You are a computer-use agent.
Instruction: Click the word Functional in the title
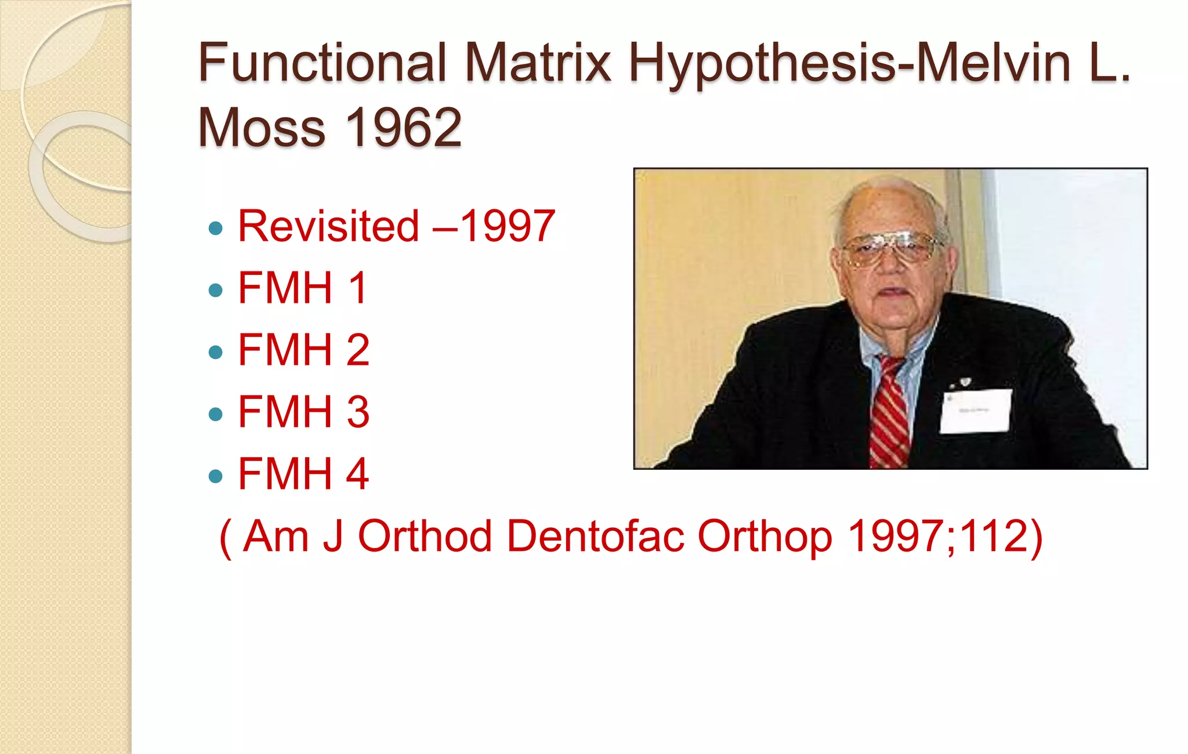click(322, 63)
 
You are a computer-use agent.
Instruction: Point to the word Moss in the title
click(262, 128)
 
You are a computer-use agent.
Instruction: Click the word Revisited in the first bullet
click(328, 226)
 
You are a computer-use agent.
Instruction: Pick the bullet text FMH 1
click(302, 288)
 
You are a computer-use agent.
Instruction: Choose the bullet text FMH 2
click(303, 350)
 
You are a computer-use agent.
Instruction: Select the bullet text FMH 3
click(303, 412)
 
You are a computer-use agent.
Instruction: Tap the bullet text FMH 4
click(303, 474)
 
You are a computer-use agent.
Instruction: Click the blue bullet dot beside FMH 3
click(215, 414)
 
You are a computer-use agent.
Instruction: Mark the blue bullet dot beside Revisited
click(215, 228)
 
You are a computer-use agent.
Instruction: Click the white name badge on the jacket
click(975, 411)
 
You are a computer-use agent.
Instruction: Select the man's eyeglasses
click(890, 248)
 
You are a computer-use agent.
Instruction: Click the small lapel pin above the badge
click(965, 381)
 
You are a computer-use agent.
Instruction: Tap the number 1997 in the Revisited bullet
click(507, 226)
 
